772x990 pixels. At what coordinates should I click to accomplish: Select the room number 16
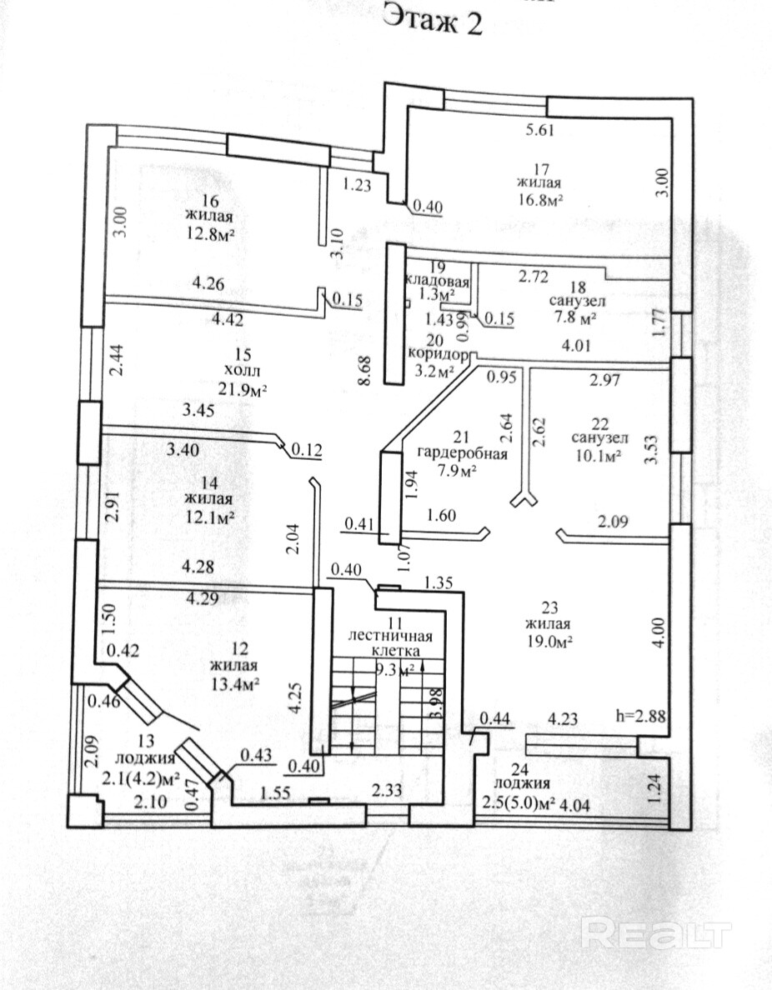209,201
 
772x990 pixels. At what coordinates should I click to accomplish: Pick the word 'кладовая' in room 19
434,280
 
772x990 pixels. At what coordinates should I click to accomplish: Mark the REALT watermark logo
656,933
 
